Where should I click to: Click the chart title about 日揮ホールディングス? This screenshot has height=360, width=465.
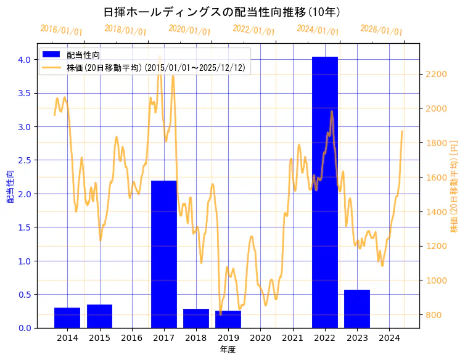(222, 12)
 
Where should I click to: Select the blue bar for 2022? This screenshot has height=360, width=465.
(325, 192)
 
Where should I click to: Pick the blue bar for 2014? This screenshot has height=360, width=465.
(67, 317)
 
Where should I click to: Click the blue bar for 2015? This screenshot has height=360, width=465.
(99, 316)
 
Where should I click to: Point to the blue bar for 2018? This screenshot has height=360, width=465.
(196, 318)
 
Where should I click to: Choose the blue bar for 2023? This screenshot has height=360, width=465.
(357, 309)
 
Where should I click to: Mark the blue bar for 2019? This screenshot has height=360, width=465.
(228, 319)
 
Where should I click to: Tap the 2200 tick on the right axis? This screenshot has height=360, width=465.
(436, 74)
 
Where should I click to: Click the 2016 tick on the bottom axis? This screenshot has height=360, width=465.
(131, 338)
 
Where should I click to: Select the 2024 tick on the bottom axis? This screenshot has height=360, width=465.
(389, 338)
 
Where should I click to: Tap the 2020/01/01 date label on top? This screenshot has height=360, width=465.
(189, 30)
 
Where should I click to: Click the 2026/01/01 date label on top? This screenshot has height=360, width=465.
(381, 30)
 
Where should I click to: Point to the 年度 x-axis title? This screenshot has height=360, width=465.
(228, 350)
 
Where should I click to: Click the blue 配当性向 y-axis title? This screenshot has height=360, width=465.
(10, 186)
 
